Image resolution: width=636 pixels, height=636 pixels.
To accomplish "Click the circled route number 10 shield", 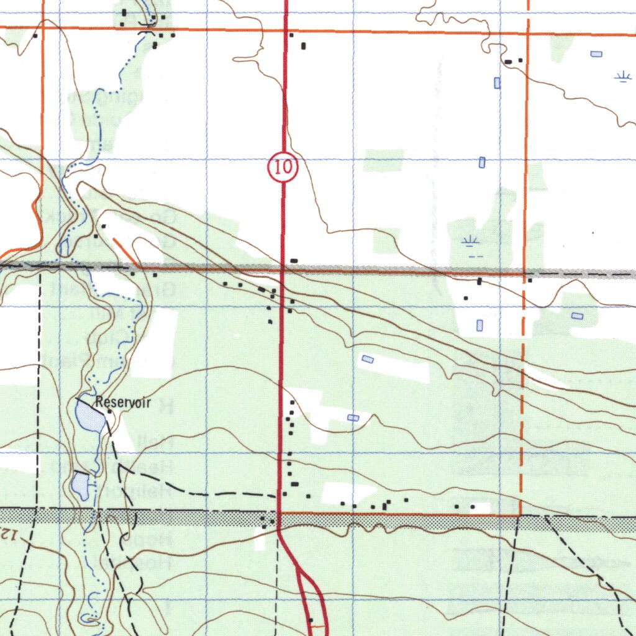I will [x=283, y=168].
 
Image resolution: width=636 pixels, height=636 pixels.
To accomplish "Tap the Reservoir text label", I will [x=123, y=402].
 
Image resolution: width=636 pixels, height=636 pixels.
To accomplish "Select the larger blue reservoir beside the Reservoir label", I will [x=89, y=417].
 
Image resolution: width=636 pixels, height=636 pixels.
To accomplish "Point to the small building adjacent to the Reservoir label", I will [x=109, y=411].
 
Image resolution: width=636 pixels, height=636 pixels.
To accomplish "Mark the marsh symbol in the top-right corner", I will [x=622, y=76].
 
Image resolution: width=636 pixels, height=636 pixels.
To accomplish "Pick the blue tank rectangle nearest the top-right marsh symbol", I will [x=596, y=55].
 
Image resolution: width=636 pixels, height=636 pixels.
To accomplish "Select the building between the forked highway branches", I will [x=311, y=619].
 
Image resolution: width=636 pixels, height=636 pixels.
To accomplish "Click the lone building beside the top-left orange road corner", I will [x=35, y=35].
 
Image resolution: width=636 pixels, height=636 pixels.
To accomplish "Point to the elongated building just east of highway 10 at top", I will [x=304, y=45].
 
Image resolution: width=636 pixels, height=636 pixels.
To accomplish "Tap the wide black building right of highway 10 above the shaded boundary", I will [x=294, y=260].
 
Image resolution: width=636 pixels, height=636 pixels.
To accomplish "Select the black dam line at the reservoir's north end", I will [x=86, y=401].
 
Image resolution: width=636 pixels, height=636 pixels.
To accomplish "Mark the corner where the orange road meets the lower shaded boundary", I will [x=520, y=515].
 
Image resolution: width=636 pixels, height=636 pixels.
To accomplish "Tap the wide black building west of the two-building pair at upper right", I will [x=508, y=61].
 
